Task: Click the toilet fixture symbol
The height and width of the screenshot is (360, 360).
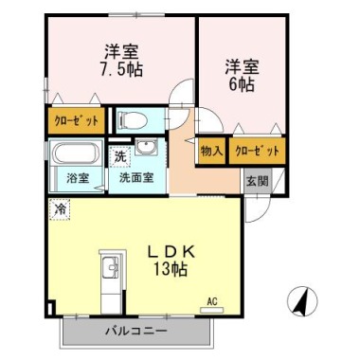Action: tap(132, 120)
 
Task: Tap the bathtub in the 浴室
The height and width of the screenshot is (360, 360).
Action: tap(76, 153)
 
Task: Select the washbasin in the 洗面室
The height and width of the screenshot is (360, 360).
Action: tap(146, 147)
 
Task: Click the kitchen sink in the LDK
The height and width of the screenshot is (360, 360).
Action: tap(110, 268)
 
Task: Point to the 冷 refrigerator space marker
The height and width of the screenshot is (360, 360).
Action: tap(60, 209)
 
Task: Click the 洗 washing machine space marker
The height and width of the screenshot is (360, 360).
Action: tap(120, 157)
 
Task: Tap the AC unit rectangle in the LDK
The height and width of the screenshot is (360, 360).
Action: tap(212, 310)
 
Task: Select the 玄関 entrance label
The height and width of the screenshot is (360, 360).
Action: tap(258, 181)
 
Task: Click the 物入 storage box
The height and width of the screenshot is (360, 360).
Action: tap(211, 152)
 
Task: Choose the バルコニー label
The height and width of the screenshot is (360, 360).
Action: tap(136, 332)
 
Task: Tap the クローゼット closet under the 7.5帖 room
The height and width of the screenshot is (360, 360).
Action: tap(76, 120)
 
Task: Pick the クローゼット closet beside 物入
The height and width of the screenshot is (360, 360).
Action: tap(258, 152)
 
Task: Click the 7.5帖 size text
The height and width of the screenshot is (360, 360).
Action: tap(121, 69)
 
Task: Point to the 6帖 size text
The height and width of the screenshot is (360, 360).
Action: tap(242, 84)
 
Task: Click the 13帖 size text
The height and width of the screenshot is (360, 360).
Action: tap(171, 269)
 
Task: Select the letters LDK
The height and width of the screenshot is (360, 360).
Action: tap(171, 252)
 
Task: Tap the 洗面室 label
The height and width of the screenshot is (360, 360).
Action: tap(136, 178)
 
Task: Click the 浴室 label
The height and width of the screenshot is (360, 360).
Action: tap(78, 179)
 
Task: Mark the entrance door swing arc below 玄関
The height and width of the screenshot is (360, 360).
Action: tap(263, 212)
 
